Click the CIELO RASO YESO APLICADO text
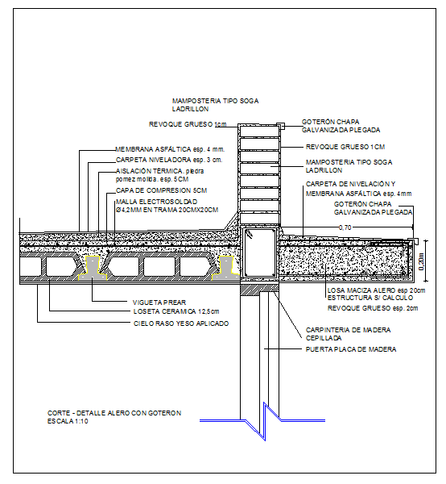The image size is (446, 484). point(180,323)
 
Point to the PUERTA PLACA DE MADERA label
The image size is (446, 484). point(351,349)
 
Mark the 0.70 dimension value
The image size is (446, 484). point(345,228)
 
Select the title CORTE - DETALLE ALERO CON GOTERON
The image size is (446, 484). point(114,413)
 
